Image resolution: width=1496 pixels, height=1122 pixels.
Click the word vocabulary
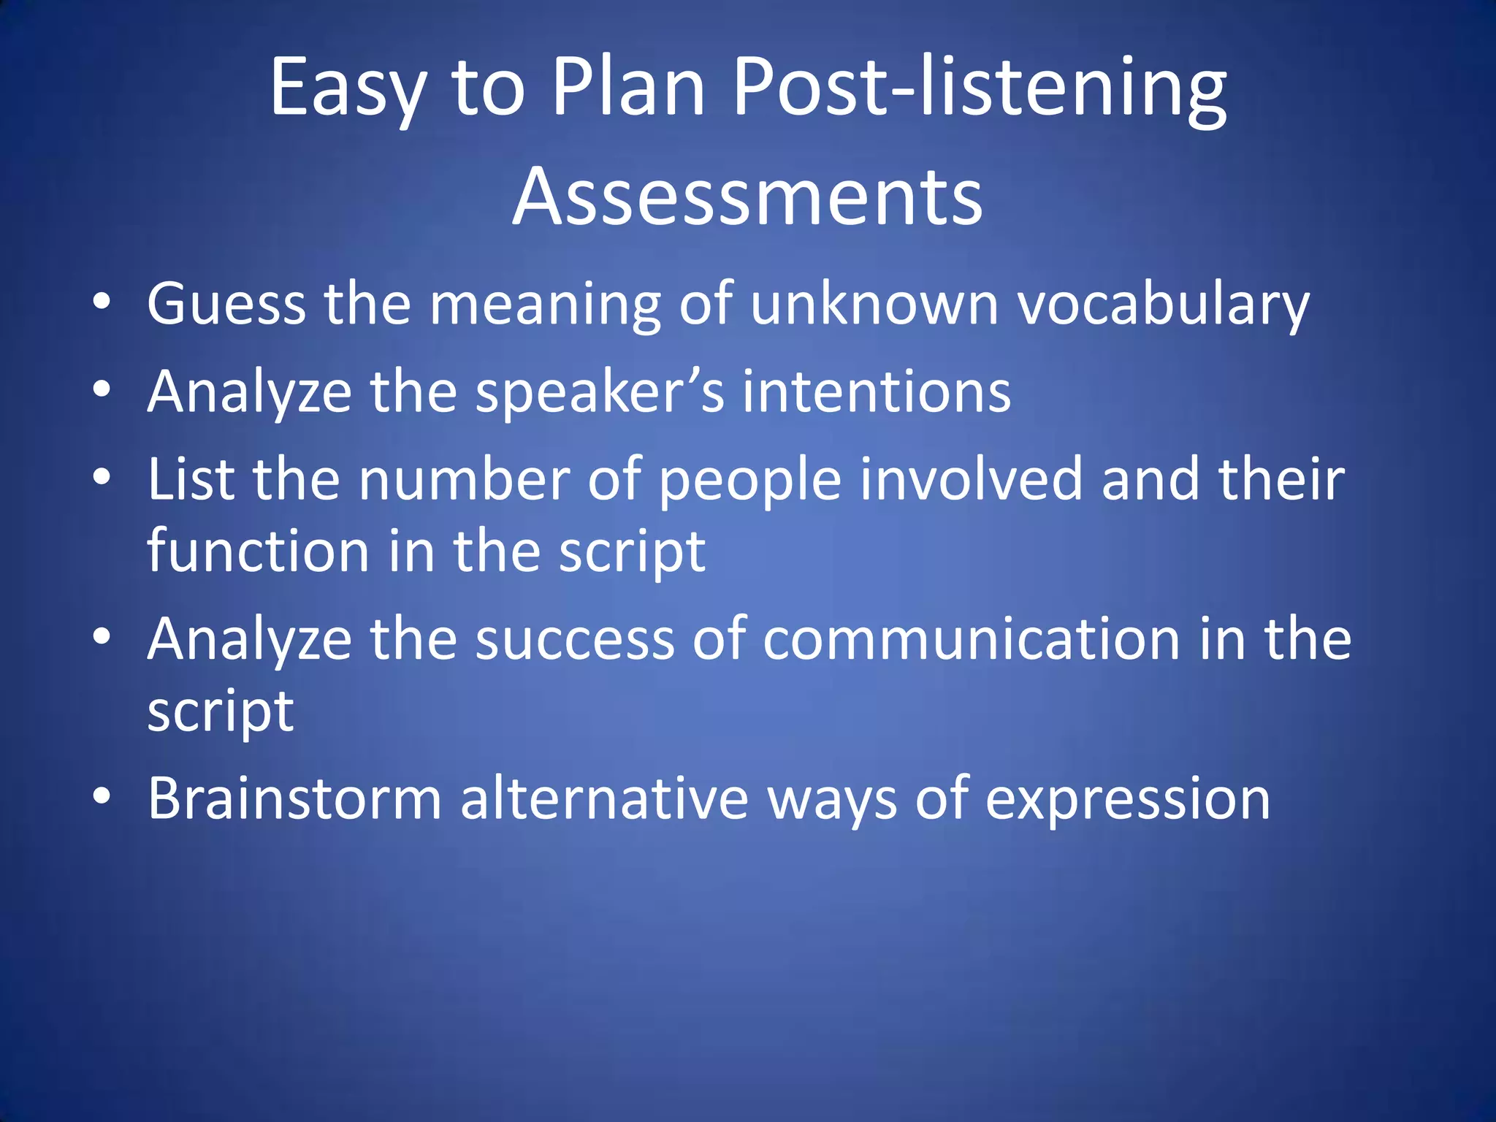(x=1164, y=304)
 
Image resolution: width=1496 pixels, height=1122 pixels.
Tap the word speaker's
(x=600, y=392)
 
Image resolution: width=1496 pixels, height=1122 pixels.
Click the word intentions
(x=877, y=391)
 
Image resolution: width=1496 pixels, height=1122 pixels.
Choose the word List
(x=191, y=478)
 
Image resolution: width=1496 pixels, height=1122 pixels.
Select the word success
(x=575, y=638)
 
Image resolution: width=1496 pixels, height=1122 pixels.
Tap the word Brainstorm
(x=294, y=798)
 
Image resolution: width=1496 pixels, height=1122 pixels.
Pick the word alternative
(x=604, y=798)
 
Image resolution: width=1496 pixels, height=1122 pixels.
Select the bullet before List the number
(x=102, y=476)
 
